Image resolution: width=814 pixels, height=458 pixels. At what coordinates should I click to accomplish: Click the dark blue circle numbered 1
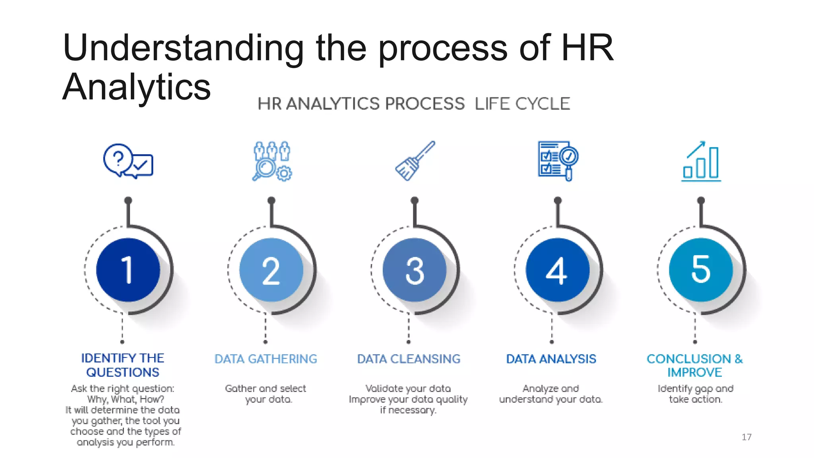point(128,270)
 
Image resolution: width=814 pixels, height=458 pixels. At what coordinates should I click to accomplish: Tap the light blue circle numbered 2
point(271,270)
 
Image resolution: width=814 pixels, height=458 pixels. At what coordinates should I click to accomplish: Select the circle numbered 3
point(414,270)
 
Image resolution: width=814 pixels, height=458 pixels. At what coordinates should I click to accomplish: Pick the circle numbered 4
point(557,270)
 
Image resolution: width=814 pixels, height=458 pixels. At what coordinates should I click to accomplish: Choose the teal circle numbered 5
point(701,270)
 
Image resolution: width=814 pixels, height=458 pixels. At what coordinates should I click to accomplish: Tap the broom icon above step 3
point(415,161)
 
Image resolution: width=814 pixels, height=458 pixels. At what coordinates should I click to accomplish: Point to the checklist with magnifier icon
point(558,161)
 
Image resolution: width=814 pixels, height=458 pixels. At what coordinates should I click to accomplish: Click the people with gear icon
point(272,161)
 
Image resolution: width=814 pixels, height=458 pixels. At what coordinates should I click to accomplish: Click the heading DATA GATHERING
point(266,359)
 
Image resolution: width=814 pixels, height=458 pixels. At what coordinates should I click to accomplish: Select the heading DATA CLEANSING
point(409,359)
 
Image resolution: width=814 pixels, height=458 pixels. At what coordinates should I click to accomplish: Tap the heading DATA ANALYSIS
point(551,359)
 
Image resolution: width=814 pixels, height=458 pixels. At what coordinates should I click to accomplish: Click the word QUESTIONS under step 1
point(123,373)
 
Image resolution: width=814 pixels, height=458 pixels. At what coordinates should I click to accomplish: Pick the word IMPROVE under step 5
point(695,373)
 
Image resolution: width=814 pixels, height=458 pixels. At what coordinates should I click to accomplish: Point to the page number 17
point(746,437)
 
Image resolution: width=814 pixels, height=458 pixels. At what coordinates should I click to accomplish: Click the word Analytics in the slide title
point(136,87)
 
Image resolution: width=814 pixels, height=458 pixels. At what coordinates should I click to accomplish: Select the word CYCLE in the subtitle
point(543,104)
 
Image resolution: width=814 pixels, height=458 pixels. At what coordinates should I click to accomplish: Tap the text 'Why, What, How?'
point(126,399)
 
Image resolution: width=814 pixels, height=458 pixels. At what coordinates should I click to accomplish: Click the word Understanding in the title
point(183,48)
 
